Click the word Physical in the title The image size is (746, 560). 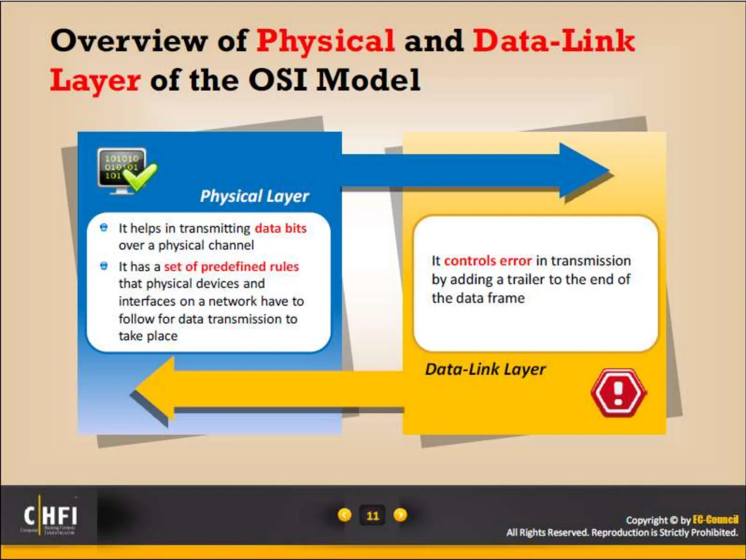[x=325, y=41]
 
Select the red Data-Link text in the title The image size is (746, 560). [x=554, y=41]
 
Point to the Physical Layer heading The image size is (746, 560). [x=254, y=196]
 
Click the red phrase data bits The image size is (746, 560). [x=280, y=229]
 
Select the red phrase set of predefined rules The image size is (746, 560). [x=231, y=267]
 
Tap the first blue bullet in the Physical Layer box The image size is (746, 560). [x=104, y=228]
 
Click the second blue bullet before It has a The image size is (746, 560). [x=104, y=266]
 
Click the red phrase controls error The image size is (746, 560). [x=488, y=261]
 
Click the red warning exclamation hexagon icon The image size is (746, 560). [x=618, y=393]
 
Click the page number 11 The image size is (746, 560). [x=372, y=516]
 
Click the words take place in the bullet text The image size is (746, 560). [x=148, y=336]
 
